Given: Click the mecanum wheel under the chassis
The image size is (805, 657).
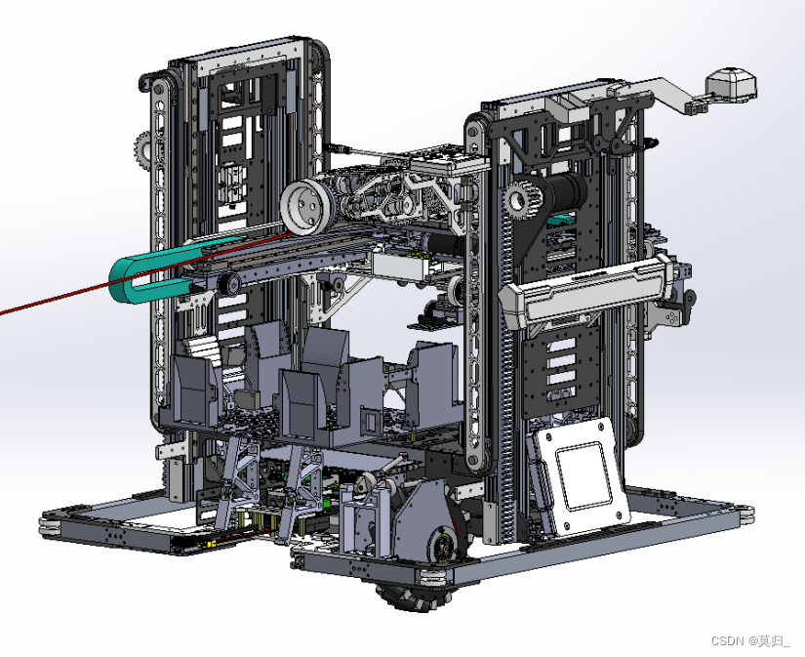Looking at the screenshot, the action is pos(408,595).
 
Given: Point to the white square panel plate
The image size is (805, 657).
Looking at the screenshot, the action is pos(581,475).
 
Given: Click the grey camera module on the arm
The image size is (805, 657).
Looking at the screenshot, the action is pos(731,85).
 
